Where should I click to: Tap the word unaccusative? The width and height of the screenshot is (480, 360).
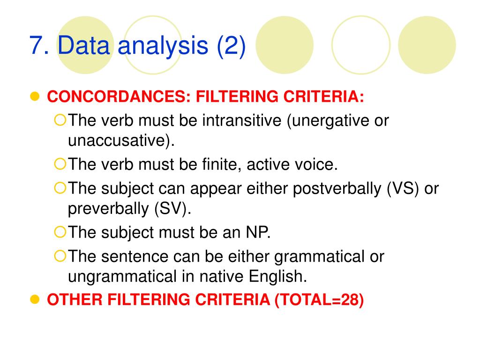click(x=118, y=141)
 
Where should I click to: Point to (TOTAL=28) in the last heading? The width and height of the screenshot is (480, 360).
click(x=319, y=300)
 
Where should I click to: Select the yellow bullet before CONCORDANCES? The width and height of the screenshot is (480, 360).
click(x=34, y=97)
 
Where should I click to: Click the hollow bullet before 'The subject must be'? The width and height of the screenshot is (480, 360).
click(x=60, y=232)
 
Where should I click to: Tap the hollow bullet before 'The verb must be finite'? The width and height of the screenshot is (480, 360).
click(x=60, y=164)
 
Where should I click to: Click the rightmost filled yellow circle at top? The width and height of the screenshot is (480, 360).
click(x=427, y=45)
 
